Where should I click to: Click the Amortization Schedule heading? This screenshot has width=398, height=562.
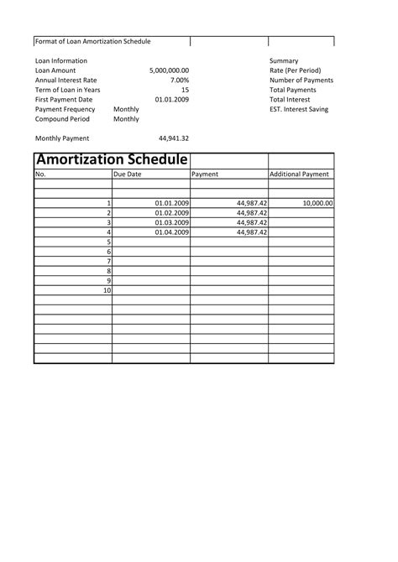(x=111, y=159)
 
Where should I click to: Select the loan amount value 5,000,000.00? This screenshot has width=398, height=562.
(x=169, y=70)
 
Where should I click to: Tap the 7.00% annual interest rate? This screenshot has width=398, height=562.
(x=178, y=81)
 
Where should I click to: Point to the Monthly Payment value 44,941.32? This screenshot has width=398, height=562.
(x=173, y=138)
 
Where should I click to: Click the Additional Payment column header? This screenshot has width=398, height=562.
(x=299, y=174)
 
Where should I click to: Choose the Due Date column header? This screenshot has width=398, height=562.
(x=128, y=174)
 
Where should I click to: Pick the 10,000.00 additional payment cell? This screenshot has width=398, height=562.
(x=317, y=203)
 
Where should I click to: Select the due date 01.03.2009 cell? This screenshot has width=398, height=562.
(x=172, y=222)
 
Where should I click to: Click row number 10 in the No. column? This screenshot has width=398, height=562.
(x=107, y=290)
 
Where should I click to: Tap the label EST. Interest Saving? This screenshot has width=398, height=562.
(x=299, y=109)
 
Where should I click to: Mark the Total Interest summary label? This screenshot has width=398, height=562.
(x=290, y=100)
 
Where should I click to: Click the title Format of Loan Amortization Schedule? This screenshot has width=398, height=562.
(x=92, y=41)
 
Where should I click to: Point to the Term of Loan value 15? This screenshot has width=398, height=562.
(x=185, y=90)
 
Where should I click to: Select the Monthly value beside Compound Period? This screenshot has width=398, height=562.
(x=126, y=119)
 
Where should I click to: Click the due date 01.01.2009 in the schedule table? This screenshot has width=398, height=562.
(x=172, y=203)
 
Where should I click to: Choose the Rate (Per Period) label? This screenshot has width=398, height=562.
(x=295, y=70)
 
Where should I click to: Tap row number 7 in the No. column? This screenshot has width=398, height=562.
(x=108, y=261)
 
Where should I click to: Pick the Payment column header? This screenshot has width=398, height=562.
(x=205, y=174)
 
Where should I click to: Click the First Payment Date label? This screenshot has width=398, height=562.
(x=64, y=100)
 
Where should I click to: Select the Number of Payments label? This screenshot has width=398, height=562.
(x=301, y=81)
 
